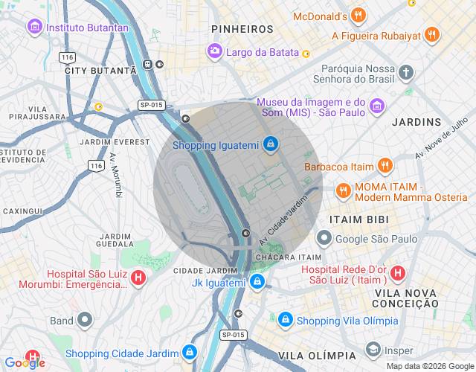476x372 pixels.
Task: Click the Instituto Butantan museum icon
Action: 34,28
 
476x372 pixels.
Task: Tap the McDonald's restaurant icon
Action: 358,16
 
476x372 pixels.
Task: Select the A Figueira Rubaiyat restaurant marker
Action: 432,35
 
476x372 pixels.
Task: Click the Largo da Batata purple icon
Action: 214,51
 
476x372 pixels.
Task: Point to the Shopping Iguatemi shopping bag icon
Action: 271,143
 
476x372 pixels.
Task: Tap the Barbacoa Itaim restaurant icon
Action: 385,166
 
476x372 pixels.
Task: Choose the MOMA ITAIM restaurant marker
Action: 343,190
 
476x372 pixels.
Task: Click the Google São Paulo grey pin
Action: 324,238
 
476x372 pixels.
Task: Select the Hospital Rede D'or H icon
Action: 398,273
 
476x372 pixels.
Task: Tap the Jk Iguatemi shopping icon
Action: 257,281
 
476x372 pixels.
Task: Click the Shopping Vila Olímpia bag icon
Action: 285,320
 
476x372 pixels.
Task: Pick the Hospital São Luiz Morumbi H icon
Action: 138,278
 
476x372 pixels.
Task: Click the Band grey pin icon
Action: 85,321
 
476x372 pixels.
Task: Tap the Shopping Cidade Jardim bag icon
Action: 190,352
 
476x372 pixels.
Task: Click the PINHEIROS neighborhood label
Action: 242,28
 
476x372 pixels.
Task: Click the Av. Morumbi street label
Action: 116,176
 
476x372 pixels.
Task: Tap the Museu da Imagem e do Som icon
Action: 377,106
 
